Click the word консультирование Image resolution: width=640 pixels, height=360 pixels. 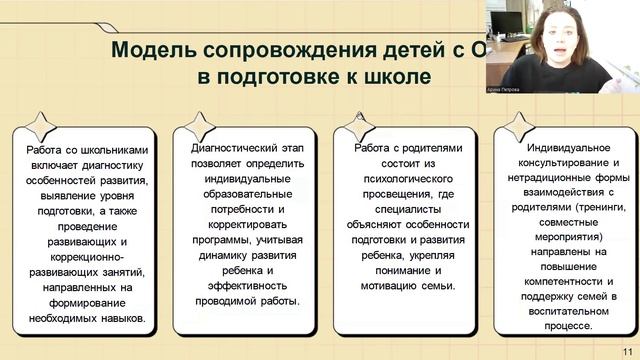(x=571, y=163)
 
